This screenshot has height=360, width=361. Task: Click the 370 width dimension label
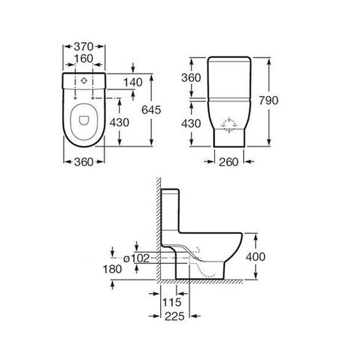point(83,47)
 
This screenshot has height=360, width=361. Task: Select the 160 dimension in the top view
point(83,59)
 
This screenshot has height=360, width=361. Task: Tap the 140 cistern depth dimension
point(133,83)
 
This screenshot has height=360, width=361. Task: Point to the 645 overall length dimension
point(151,110)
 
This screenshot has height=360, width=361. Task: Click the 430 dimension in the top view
point(120,123)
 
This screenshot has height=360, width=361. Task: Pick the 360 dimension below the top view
point(83,162)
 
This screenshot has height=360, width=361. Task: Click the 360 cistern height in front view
point(191,78)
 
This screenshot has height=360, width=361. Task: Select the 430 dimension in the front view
point(191,123)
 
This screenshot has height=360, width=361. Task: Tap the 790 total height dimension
point(268,101)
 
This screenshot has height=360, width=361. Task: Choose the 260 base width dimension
point(229,162)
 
